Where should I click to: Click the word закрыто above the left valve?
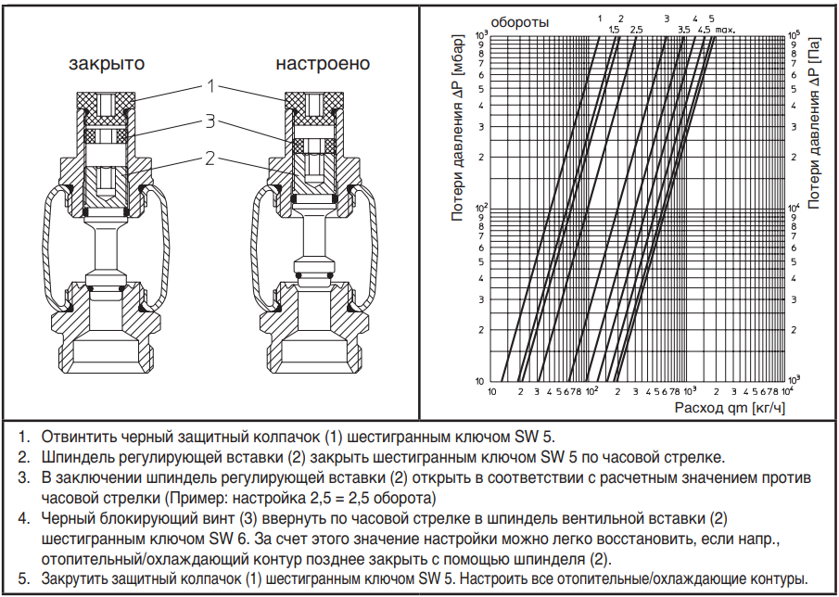pos(107,64)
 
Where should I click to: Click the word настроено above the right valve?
pos(323,64)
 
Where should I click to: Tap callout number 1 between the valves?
pos(210,85)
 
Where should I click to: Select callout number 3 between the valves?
pos(210,121)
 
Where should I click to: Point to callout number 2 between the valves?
pos(210,158)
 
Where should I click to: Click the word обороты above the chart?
pos(519,22)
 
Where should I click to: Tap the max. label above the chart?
pos(724,30)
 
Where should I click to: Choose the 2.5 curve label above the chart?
pos(636,30)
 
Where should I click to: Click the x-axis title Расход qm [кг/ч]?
pos(730,408)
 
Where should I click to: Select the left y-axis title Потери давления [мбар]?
pos(456,127)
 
